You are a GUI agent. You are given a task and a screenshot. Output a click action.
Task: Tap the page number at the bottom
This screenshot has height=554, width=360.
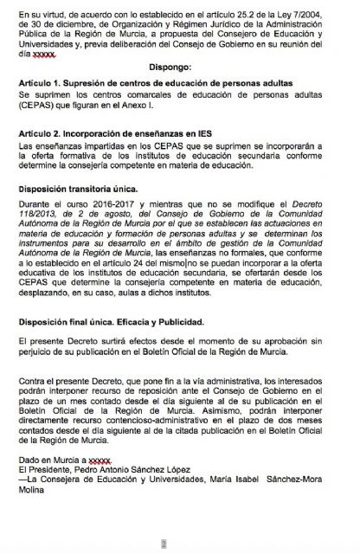(x=179, y=544)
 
